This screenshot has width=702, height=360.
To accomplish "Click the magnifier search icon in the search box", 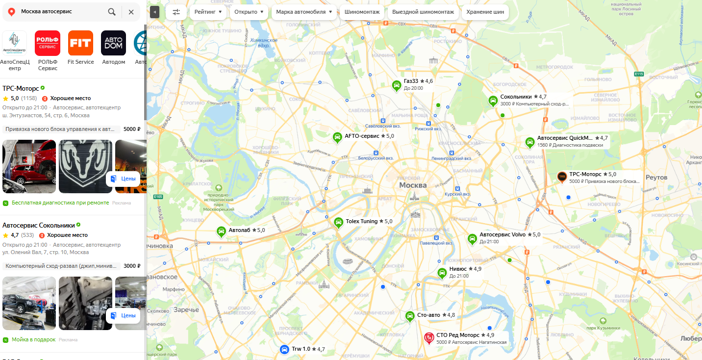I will [x=112, y=12].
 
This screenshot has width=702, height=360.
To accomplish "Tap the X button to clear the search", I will [x=131, y=12].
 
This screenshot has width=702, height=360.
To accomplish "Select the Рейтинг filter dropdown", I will [x=208, y=12].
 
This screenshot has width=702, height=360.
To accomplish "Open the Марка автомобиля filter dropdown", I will [x=303, y=12].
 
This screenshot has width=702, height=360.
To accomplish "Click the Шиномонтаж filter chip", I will [x=362, y=12].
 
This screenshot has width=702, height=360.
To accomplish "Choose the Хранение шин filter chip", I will [x=485, y=12].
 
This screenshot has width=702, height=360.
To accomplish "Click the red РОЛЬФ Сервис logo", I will [x=48, y=43].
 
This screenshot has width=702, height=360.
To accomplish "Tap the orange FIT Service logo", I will [x=80, y=43].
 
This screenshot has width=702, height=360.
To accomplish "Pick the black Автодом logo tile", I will [x=113, y=43].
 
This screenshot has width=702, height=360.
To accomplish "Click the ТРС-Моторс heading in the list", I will [x=21, y=89].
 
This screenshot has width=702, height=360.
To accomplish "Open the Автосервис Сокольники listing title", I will [x=39, y=225].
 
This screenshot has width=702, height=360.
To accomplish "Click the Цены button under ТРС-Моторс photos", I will [x=123, y=179].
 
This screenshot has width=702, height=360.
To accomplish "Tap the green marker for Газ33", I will [x=396, y=85].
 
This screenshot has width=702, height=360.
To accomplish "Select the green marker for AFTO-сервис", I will [x=337, y=137].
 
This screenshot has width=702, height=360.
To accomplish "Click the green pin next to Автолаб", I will [x=221, y=231].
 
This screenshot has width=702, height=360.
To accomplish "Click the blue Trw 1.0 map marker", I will [x=284, y=349].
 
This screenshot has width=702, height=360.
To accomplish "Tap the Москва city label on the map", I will [x=413, y=185].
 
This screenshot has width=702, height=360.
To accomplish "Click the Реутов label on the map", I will [x=656, y=177].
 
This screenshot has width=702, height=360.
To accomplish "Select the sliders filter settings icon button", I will [x=176, y=12].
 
